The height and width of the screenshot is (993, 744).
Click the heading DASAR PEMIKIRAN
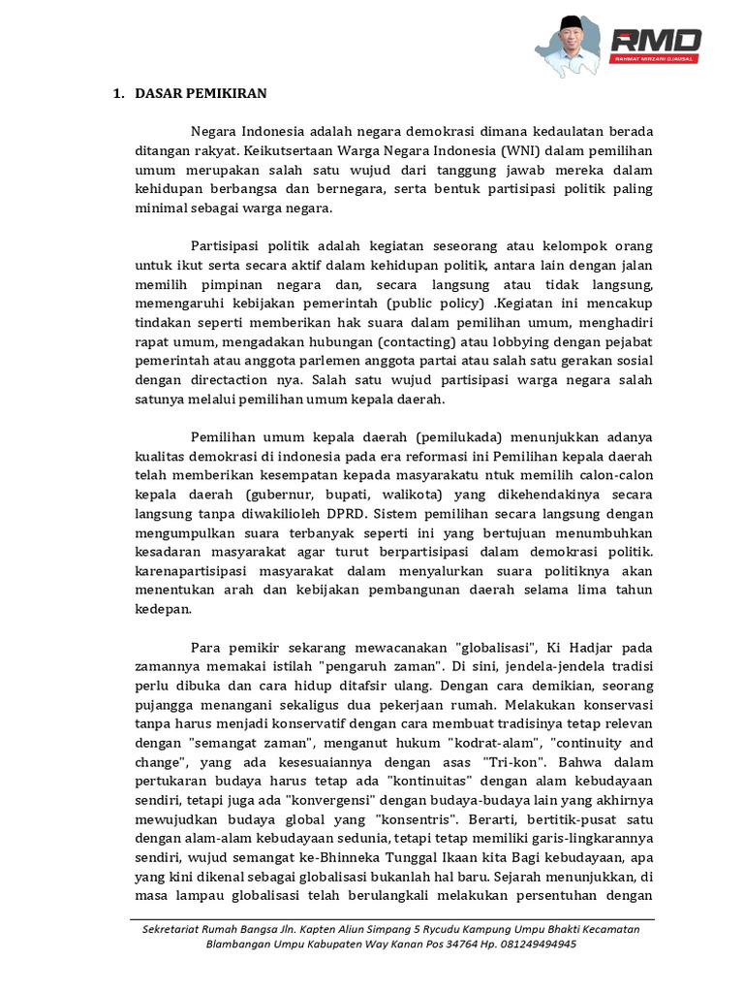pos(201,94)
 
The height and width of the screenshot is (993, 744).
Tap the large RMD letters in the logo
pos(656,41)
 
